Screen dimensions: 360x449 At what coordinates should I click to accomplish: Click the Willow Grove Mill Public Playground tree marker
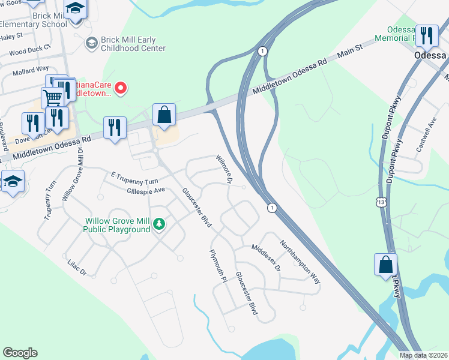[x=159, y=224]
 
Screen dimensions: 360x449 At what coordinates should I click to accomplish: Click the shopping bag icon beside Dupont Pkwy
[x=385, y=264]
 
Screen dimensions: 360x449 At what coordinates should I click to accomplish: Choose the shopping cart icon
[x=53, y=97]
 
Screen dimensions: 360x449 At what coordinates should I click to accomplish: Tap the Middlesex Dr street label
[x=266, y=257]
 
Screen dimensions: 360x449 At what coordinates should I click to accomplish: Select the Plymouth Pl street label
[x=218, y=266]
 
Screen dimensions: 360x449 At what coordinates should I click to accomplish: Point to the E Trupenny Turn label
[x=134, y=178]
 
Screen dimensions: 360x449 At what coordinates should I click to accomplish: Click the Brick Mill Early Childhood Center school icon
[x=91, y=43]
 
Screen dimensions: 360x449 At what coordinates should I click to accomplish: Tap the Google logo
[x=20, y=353]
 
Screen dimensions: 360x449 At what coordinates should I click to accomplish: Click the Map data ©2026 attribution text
[x=423, y=355]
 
